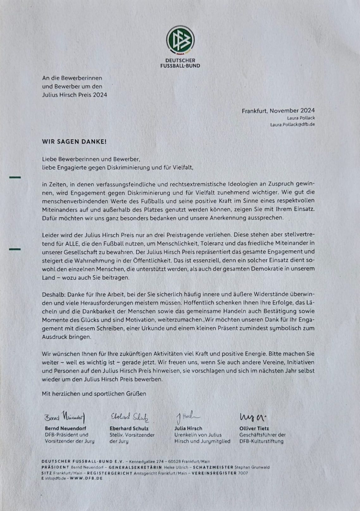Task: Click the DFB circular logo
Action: pos(180,40)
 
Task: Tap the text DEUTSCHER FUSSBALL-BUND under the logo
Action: pos(180,63)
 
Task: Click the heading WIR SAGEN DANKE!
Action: pos(74,142)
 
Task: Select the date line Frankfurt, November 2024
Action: pos(278,110)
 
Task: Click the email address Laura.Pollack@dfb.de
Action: pos(292,124)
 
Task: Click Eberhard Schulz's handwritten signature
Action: pos(129,417)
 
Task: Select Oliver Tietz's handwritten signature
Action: pos(253,417)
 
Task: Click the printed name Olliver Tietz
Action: pos(254,428)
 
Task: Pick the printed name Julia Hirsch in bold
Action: pos(188,428)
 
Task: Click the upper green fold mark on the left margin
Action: pos(15,177)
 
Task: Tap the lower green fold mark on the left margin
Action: pos(15,249)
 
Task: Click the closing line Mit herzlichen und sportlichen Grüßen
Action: pos(94,394)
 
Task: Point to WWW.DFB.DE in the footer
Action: pos(86,478)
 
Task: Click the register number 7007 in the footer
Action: pos(243,473)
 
